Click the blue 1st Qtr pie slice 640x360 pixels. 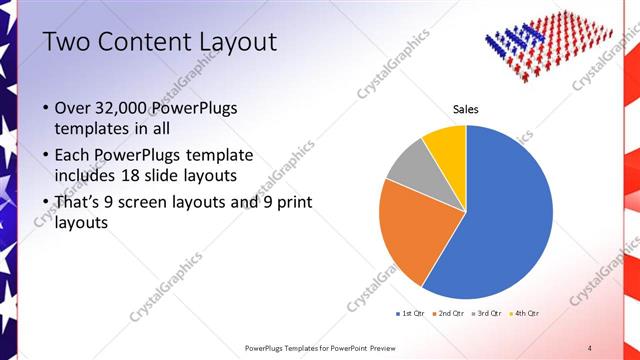pyautogui.click(x=500, y=210)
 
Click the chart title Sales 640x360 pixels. pyautogui.click(x=466, y=108)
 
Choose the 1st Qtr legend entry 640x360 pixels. pyautogui.click(x=411, y=313)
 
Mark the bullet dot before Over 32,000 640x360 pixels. pyautogui.click(x=45, y=108)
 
